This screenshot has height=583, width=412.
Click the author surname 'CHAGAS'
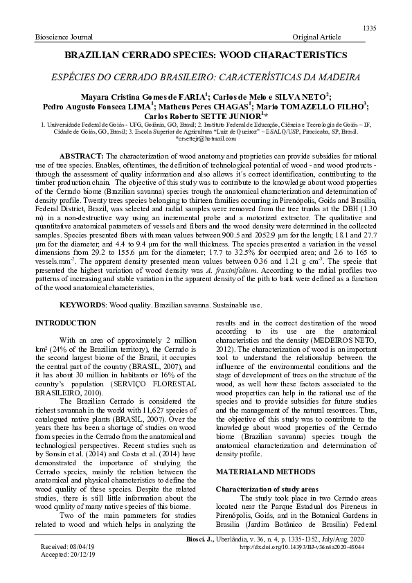(x=230, y=107)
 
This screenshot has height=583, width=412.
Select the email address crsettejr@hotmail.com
(x=207, y=139)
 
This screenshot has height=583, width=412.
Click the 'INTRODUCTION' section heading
(x=66, y=323)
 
